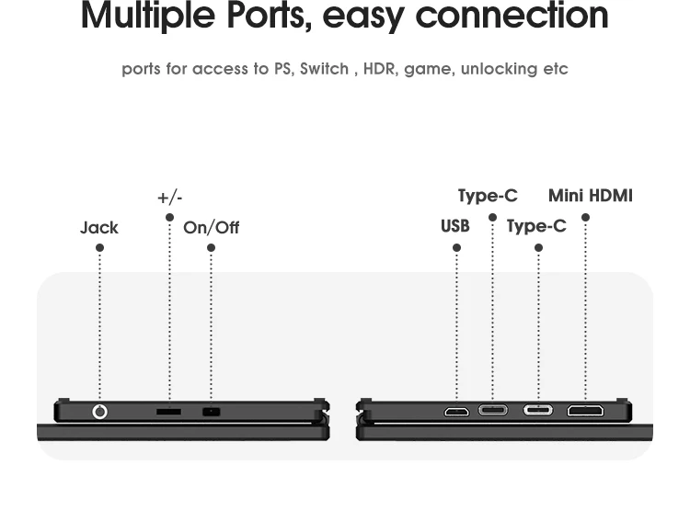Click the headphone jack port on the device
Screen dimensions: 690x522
pyautogui.click(x=99, y=412)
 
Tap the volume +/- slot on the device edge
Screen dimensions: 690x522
pyautogui.click(x=168, y=412)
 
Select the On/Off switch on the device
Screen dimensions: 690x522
pyautogui.click(x=212, y=412)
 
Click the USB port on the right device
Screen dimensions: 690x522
pyautogui.click(x=456, y=411)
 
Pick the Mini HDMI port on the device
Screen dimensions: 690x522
pyautogui.click(x=585, y=410)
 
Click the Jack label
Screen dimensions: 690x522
pyautogui.click(x=99, y=227)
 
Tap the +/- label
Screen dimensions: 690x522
pyautogui.click(x=170, y=198)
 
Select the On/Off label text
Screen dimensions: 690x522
pyautogui.click(x=211, y=227)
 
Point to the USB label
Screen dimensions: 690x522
pyautogui.click(x=455, y=226)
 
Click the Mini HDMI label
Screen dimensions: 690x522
pyautogui.click(x=591, y=196)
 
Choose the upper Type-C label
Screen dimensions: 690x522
pyautogui.click(x=488, y=196)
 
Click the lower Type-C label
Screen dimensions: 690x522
pyautogui.click(x=536, y=226)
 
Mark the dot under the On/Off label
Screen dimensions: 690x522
pyautogui.click(x=211, y=248)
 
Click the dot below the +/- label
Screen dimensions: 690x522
pyautogui.click(x=169, y=218)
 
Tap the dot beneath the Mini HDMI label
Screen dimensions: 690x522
pyautogui.click(x=585, y=218)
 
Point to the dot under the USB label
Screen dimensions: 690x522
pyautogui.click(x=456, y=248)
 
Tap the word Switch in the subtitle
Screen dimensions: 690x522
pyautogui.click(x=325, y=69)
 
